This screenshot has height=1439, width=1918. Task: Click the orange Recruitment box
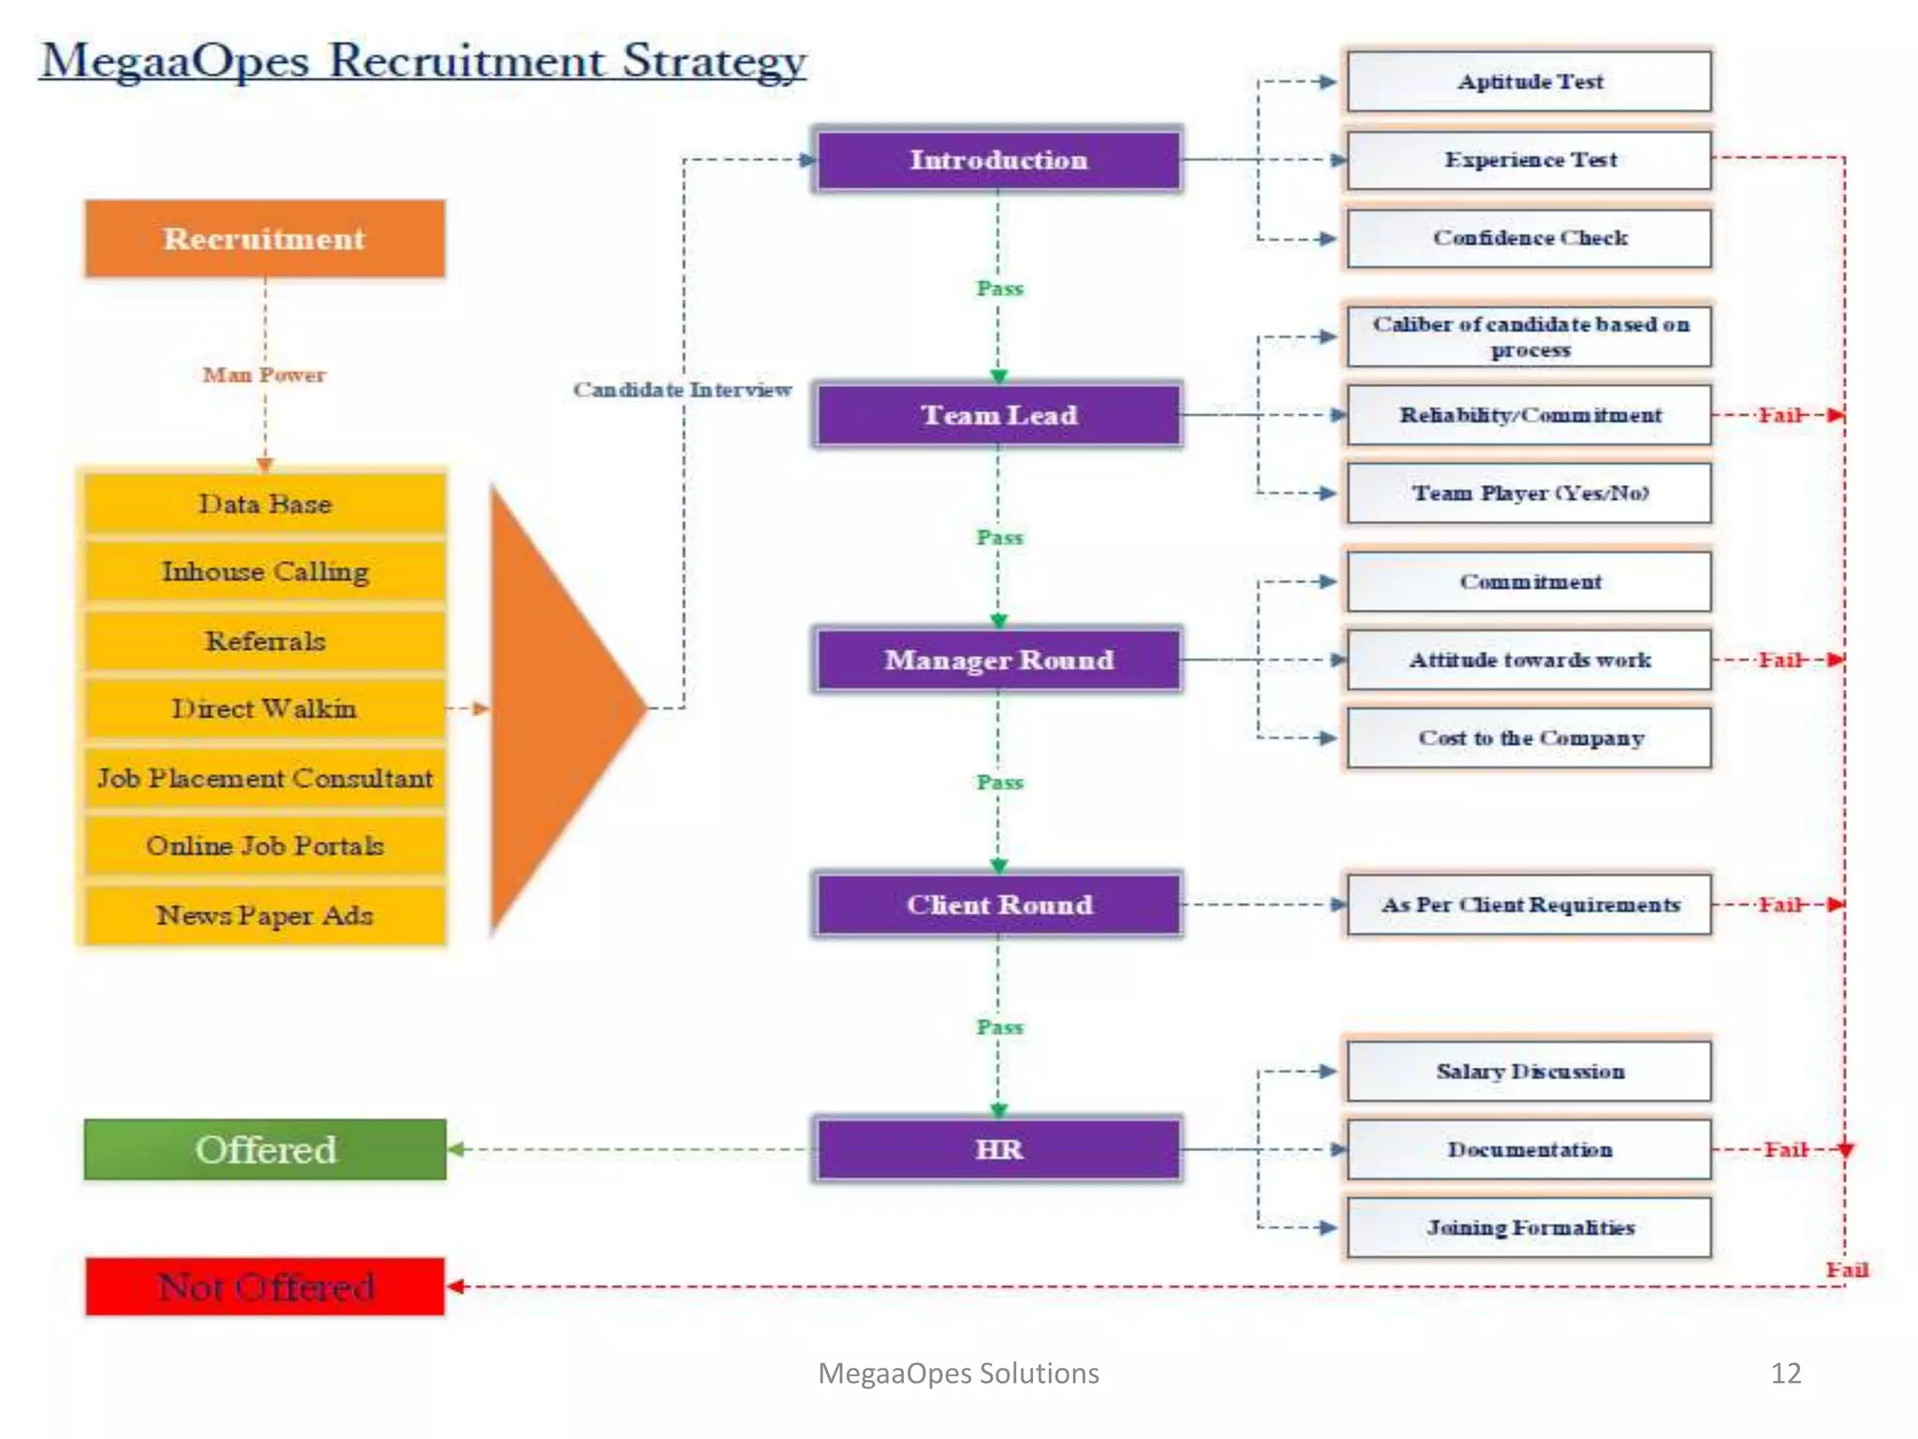tap(265, 239)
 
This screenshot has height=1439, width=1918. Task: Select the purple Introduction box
tap(998, 160)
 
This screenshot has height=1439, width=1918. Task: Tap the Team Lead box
tap(998, 415)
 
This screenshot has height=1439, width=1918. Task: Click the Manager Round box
tap(998, 660)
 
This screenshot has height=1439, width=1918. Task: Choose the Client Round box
tap(998, 904)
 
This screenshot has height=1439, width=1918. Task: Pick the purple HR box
tap(998, 1149)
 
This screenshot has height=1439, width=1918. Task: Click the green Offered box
tap(265, 1149)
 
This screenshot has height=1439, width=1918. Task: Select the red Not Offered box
tap(265, 1286)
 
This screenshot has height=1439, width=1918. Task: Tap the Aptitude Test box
tap(1529, 82)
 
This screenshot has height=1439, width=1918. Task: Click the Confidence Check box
tap(1529, 238)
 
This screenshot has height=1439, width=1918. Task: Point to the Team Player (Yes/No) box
tap(1529, 493)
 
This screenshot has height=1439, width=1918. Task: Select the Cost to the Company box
tap(1529, 738)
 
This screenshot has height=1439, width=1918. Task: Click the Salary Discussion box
tap(1529, 1071)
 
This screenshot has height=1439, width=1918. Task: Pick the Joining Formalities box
tap(1529, 1227)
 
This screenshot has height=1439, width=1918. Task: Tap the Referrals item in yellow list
tap(265, 641)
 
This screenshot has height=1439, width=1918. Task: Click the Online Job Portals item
tap(265, 846)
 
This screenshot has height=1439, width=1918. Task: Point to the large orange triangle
tap(553, 709)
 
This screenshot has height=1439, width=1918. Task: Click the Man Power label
tap(265, 375)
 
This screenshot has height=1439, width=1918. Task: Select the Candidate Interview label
tap(682, 390)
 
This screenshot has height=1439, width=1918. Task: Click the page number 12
tap(1785, 1372)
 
